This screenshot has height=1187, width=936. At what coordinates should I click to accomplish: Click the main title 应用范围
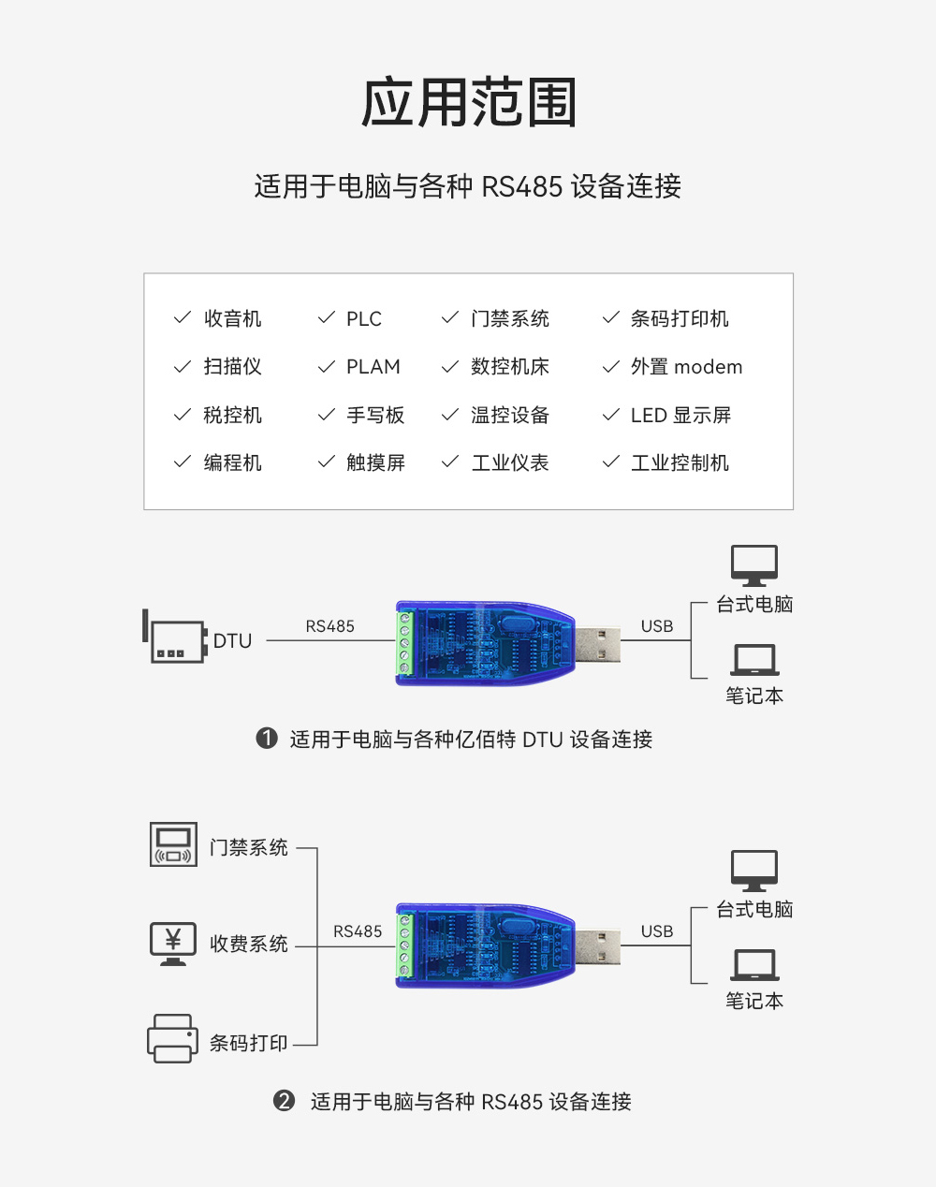click(468, 103)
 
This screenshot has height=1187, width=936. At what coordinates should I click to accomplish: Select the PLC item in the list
click(363, 319)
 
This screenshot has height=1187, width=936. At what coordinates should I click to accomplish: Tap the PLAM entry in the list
click(373, 367)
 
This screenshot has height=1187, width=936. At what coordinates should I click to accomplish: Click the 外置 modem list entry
click(686, 367)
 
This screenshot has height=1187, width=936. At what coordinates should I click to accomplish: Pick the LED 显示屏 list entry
click(680, 415)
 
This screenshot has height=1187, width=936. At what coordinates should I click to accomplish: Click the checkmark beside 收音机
click(183, 318)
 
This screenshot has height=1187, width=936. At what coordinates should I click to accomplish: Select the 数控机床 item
click(509, 367)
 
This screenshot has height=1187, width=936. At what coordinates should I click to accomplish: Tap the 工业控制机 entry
click(680, 462)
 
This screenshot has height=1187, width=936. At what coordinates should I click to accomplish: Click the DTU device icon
click(175, 640)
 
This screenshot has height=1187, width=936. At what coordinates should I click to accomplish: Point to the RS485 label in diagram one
click(329, 626)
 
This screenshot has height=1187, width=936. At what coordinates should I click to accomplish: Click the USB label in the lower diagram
click(656, 931)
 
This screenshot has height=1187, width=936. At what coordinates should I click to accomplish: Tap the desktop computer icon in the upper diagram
click(754, 565)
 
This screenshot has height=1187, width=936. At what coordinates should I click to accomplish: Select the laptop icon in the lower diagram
click(754, 965)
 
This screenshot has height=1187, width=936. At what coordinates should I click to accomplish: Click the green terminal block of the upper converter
click(404, 642)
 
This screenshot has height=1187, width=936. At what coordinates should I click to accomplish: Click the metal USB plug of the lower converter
click(597, 947)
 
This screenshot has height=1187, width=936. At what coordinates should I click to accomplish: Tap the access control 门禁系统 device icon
click(173, 844)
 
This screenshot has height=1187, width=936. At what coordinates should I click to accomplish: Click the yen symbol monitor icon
click(173, 943)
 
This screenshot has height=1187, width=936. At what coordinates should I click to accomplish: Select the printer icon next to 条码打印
click(172, 1038)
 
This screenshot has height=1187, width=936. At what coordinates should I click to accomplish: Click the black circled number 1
click(267, 739)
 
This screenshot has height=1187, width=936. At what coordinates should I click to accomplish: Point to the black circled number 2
click(284, 1101)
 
